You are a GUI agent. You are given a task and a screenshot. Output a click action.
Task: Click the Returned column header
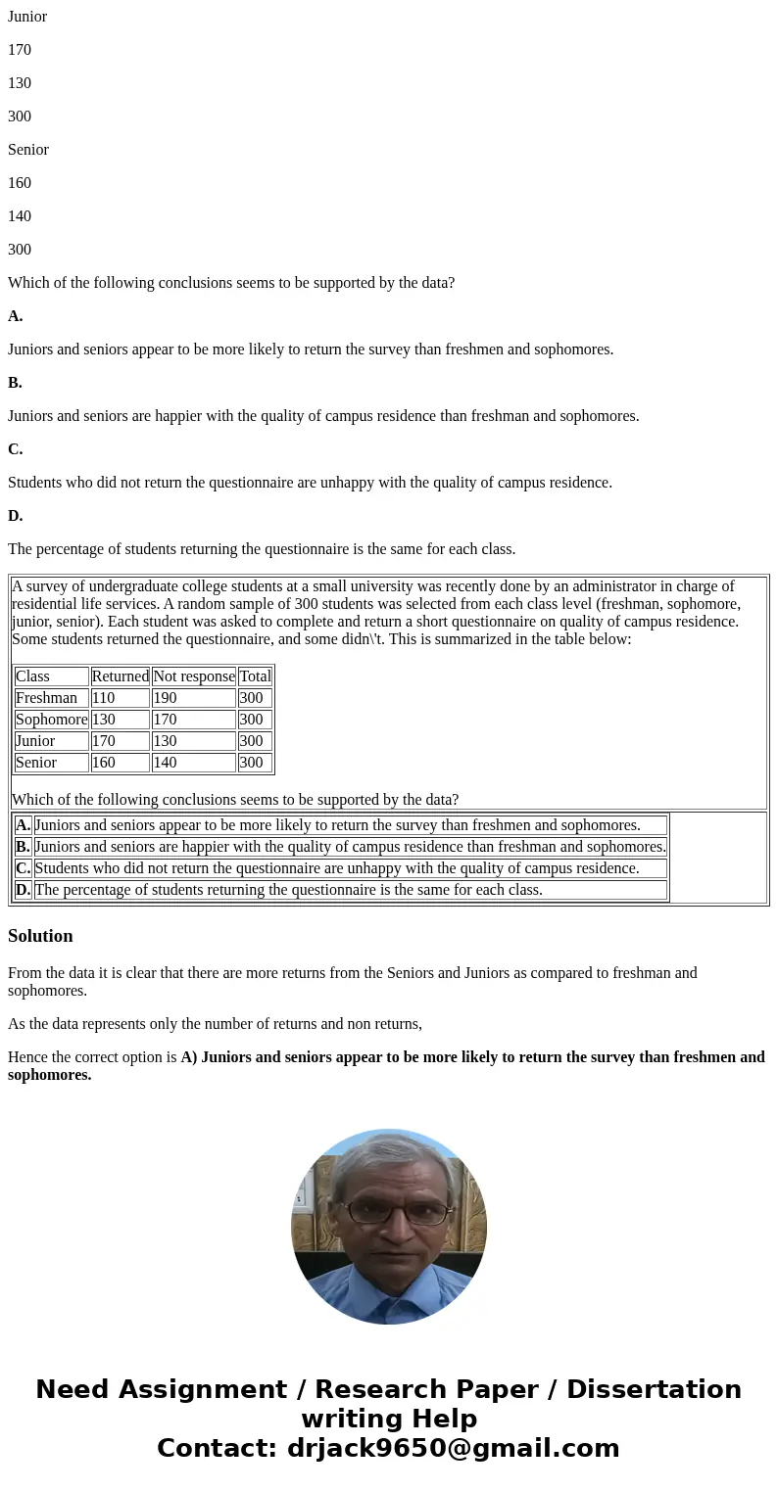click(x=120, y=676)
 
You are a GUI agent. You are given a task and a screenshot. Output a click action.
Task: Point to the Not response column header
click(x=194, y=676)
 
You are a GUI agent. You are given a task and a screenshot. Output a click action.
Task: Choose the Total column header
click(x=255, y=676)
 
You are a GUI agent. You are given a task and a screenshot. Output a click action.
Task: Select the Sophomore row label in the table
click(x=51, y=720)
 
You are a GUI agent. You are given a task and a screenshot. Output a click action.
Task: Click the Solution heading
click(x=40, y=936)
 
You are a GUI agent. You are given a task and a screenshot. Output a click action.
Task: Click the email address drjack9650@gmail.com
click(x=453, y=1448)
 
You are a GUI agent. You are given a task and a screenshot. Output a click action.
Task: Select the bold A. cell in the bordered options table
click(x=23, y=825)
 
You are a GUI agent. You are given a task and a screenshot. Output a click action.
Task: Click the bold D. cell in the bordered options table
click(x=23, y=890)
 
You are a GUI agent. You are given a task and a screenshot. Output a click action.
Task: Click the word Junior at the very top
click(x=27, y=17)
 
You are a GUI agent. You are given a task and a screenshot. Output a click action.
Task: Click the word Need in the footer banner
click(x=77, y=1389)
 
